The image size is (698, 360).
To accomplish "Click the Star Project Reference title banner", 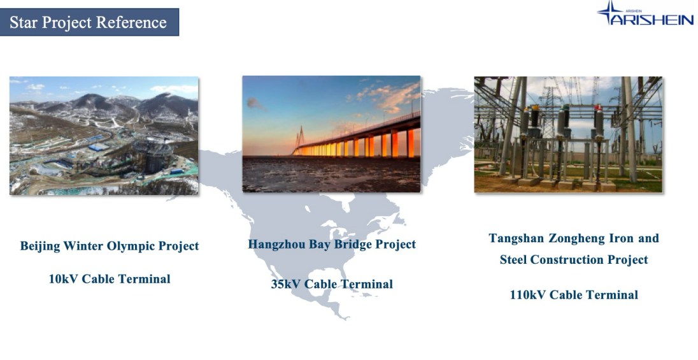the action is tap(89, 22).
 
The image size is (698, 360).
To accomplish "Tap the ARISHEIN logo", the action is tap(645, 13).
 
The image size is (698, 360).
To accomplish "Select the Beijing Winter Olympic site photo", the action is tap(104, 136).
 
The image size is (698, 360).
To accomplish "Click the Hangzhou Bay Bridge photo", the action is tap(331, 134).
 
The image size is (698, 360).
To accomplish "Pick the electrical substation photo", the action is tap(568, 134).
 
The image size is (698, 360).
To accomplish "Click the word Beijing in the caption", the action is tap(40, 247).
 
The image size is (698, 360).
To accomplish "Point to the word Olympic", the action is tap(133, 247).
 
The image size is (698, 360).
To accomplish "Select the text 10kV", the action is tap(63, 279).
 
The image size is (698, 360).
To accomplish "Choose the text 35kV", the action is tap(286, 284).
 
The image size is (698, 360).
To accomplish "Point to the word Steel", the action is tap(513, 260).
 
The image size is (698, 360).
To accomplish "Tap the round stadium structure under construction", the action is tap(152, 155).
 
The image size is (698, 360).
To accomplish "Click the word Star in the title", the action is tap(23, 22).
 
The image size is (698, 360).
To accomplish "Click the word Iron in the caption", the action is tap(620, 239).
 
